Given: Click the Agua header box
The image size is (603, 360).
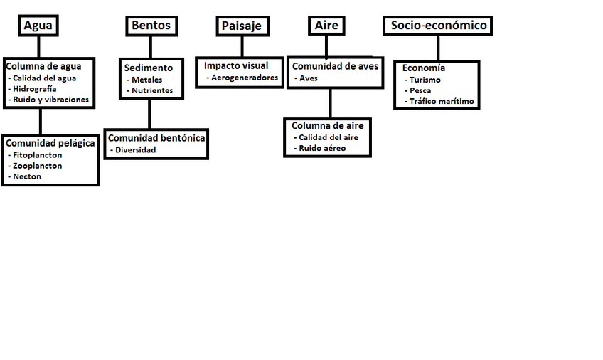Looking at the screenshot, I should pyautogui.click(x=38, y=26).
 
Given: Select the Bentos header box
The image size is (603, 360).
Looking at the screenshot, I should pyautogui.click(x=151, y=26).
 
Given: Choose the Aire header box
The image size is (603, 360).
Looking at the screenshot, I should pyautogui.click(x=326, y=26).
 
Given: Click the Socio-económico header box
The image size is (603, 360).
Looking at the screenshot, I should pyautogui.click(x=438, y=26).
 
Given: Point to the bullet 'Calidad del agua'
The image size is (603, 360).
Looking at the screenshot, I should pyautogui.click(x=44, y=78).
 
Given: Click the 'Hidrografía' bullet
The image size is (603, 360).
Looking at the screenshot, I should pyautogui.click(x=35, y=89).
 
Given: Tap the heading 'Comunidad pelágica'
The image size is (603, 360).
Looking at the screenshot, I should pyautogui.click(x=50, y=143).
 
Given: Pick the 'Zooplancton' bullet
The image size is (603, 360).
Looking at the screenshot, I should pyautogui.click(x=37, y=166).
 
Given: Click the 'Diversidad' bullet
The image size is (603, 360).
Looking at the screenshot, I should pyautogui.click(x=135, y=150).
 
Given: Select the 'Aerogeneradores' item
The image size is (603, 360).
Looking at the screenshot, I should pyautogui.click(x=245, y=78).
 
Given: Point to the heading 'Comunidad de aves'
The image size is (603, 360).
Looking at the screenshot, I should pyautogui.click(x=336, y=66).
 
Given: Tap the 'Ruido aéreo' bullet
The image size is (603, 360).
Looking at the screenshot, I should pyautogui.click(x=322, y=148).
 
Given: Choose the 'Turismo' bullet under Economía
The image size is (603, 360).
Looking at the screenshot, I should pyautogui.click(x=425, y=80).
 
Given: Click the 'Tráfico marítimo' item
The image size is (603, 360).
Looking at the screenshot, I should pyautogui.click(x=441, y=102).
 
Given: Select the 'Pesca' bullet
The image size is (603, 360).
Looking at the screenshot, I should pyautogui.click(x=420, y=90).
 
